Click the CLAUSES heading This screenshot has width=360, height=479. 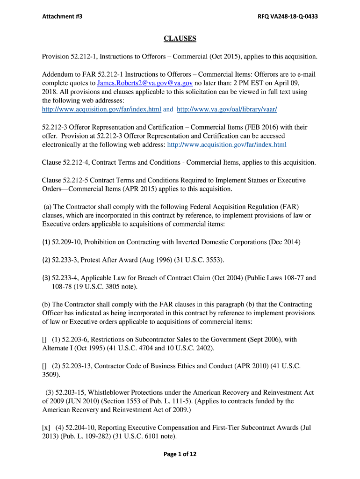tap(180, 39)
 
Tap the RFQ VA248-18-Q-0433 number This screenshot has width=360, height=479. tap(285, 17)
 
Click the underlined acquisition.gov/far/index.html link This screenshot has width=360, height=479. tap(101, 109)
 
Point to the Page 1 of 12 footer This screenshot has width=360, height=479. tap(180, 454)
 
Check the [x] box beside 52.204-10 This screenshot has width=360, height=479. tap(46, 428)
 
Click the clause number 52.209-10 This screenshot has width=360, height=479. tap(69, 242)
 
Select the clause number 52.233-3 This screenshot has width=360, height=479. tap(67, 260)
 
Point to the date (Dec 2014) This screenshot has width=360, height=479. tap(284, 242)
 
